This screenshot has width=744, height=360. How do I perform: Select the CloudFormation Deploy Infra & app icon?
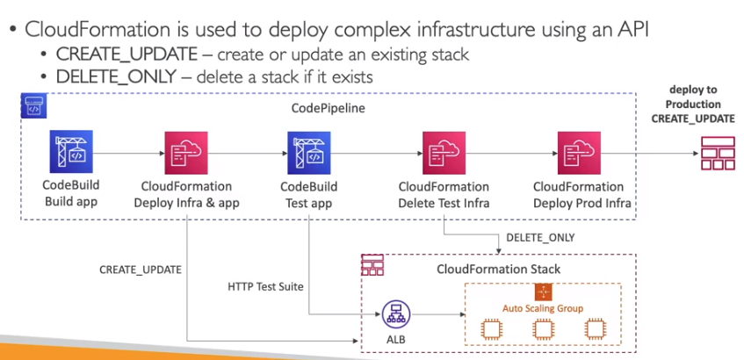click(186, 153)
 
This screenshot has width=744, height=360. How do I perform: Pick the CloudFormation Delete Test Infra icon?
click(444, 153)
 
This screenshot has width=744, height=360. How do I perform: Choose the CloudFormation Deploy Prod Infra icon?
click(578, 153)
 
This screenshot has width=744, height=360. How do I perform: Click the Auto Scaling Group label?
click(542, 308)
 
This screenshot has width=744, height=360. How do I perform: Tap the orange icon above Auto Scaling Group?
click(543, 291)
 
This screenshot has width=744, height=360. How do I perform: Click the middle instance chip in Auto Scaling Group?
click(542, 329)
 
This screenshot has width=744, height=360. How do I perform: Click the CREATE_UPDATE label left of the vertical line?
click(140, 269)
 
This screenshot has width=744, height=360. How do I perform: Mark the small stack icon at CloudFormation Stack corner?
click(373, 264)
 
